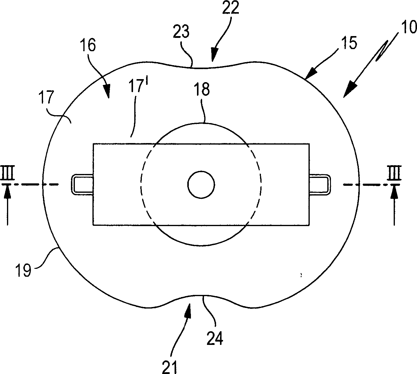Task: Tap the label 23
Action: pyautogui.click(x=181, y=32)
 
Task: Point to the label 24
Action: pyautogui.click(x=215, y=339)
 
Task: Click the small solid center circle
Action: pyautogui.click(x=201, y=185)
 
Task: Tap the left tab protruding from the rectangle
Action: pyautogui.click(x=82, y=185)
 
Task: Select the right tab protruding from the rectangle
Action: pyautogui.click(x=320, y=185)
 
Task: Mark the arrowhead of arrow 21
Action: pyautogui.click(x=188, y=311)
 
